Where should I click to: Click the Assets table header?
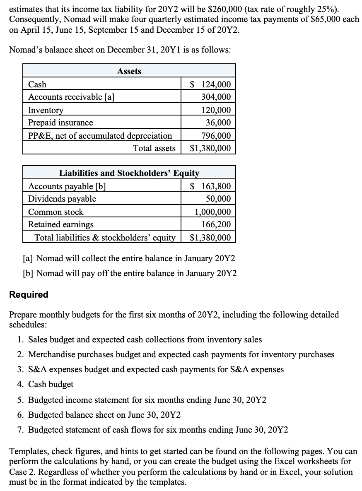point(129,71)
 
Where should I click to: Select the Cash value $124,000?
point(210,84)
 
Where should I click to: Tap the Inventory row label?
point(46,110)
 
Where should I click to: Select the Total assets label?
point(154,148)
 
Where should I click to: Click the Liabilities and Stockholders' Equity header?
point(129,173)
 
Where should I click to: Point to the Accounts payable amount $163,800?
point(210,186)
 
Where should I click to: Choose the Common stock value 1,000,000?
point(213,212)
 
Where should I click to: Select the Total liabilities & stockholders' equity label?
point(105,238)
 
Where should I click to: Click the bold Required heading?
point(29,295)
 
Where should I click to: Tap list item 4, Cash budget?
point(51,384)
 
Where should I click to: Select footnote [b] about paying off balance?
point(130,273)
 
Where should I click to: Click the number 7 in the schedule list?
point(20,430)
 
